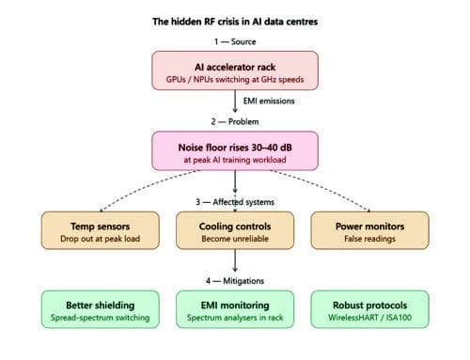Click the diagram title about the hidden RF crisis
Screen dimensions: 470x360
(235, 22)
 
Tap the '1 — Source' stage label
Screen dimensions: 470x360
(235, 41)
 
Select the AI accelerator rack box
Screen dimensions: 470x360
(235, 70)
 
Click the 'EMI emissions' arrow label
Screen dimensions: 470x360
(269, 101)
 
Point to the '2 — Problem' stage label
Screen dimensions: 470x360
(235, 121)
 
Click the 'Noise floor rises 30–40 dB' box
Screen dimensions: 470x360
(235, 151)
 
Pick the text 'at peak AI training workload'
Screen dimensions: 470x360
(235, 160)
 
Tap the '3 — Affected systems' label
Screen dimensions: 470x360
(235, 202)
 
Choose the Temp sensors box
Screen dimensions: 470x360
(101, 230)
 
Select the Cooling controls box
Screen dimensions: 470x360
(235, 230)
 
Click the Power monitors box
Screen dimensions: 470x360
(369, 230)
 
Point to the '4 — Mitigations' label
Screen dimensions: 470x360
(235, 281)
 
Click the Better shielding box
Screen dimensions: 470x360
(101, 309)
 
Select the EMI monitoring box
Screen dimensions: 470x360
(235, 309)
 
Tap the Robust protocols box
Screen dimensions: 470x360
(369, 309)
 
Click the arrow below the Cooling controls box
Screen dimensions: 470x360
(235, 260)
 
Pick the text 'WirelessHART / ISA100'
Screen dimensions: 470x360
(369, 318)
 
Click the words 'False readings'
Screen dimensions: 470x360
(369, 239)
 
